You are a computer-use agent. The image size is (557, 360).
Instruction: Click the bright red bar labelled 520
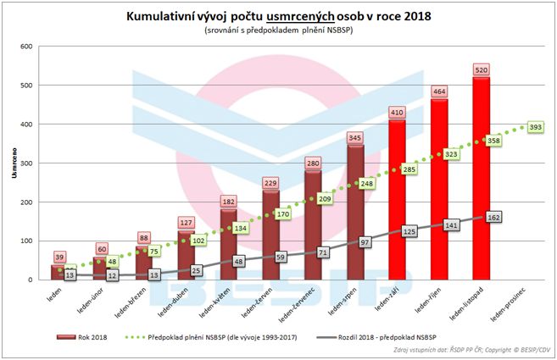(x=482, y=178)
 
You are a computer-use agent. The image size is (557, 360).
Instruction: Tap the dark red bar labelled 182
(x=229, y=245)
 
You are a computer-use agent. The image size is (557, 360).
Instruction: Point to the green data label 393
(x=535, y=127)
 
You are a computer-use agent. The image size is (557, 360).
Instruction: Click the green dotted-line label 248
(x=366, y=183)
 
